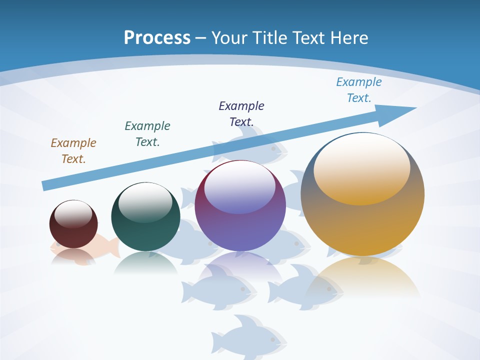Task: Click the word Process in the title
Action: point(157,38)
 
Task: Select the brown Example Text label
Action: point(73,151)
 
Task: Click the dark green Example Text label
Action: point(147,134)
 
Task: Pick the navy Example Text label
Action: point(241,113)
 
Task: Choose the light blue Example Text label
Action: point(359,90)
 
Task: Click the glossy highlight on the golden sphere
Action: point(362,167)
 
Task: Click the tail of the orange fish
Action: point(113,247)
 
